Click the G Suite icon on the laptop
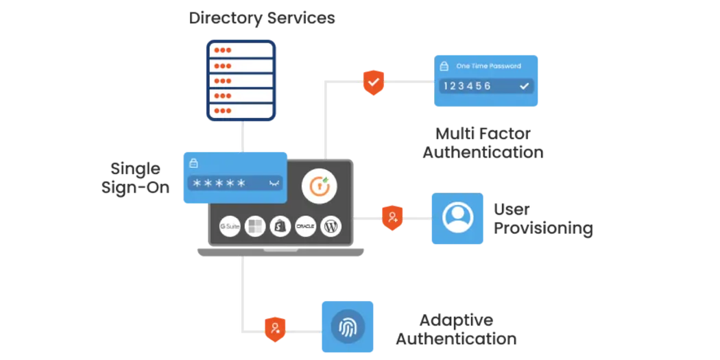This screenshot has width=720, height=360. point(230,226)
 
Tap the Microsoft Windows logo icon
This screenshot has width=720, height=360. point(255,226)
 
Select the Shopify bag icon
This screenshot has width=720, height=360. point(280,226)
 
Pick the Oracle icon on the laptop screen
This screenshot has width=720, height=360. point(306,226)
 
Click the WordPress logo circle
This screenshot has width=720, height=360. point(331,226)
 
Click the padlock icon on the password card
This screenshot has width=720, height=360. point(193,163)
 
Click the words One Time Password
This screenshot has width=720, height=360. point(488,67)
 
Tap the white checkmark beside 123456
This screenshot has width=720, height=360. point(524,86)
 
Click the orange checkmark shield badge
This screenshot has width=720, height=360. point(374,82)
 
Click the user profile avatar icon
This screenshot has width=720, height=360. point(457,218)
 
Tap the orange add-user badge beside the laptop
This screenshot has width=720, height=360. point(392,217)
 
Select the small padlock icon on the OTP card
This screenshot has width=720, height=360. point(444,67)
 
